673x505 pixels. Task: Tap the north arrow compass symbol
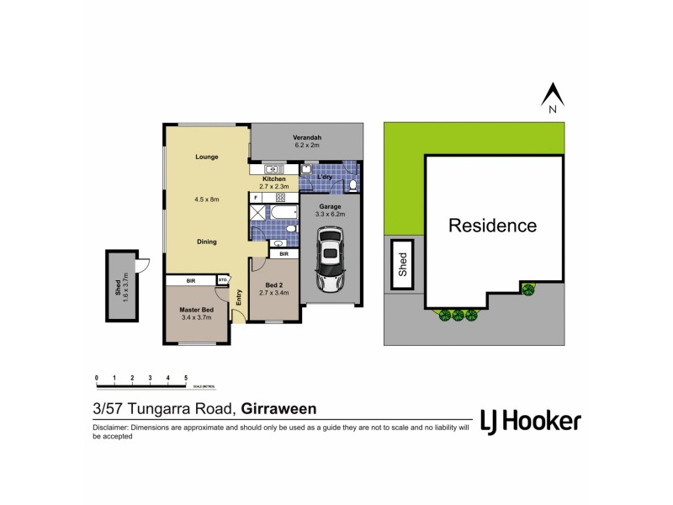coord(552,98)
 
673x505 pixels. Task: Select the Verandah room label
coord(308,137)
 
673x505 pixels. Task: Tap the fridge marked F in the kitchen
coord(256,198)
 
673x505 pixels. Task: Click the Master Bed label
coord(196,310)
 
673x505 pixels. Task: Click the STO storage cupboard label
coord(223,280)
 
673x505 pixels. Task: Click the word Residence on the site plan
coord(492,226)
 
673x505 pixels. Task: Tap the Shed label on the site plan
coord(403,266)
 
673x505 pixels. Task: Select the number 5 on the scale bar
coord(185,378)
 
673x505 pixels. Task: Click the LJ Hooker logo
coord(529,421)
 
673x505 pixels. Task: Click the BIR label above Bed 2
coord(284,253)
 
